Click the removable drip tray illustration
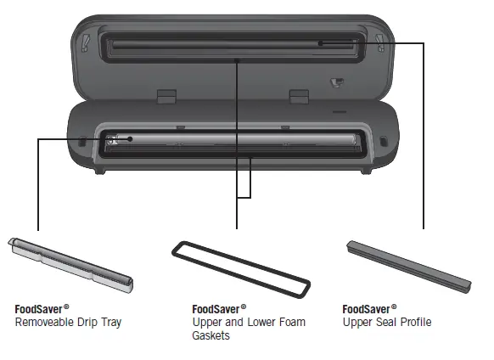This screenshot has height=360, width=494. coord(70,265)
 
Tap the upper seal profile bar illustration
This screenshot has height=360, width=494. coord(408,267)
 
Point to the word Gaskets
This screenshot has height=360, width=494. coord(211,335)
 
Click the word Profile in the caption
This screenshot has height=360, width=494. coord(416,322)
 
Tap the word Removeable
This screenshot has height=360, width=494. coord(45,322)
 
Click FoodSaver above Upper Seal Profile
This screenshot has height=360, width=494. coord(366,309)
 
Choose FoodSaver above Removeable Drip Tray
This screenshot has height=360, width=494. coord(38,309)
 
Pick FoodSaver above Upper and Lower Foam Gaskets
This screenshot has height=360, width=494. coord(216,309)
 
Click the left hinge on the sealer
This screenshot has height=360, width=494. coord(166,96)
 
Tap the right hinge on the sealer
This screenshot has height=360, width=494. coord(299,96)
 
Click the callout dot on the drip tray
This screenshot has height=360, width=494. coord(130,138)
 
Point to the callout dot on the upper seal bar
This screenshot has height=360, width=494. coord(320,43)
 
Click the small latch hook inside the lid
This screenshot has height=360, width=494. coord(336,82)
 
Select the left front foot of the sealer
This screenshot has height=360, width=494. coord(100,171)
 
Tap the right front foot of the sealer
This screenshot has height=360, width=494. coord(367,171)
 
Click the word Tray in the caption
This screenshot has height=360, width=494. coord(111,323)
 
